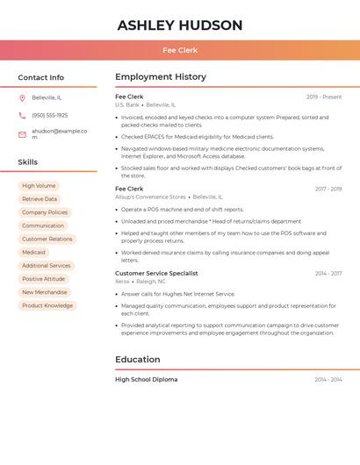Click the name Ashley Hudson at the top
(180, 25)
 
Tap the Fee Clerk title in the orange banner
(180, 51)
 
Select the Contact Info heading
(41, 77)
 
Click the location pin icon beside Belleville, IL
(22, 97)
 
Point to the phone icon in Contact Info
(22, 115)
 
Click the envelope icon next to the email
(22, 134)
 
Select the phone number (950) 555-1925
(50, 115)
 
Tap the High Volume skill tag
(39, 186)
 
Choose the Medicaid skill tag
(33, 253)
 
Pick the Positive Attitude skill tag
(44, 279)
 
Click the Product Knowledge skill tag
(47, 305)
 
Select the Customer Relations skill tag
(47, 240)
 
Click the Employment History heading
(161, 77)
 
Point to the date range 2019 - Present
(324, 97)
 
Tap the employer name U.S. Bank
(127, 105)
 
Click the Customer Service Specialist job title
(156, 273)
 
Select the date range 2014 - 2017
(328, 274)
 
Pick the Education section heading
(138, 360)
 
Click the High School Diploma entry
(146, 380)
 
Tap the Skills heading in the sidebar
(28, 162)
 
